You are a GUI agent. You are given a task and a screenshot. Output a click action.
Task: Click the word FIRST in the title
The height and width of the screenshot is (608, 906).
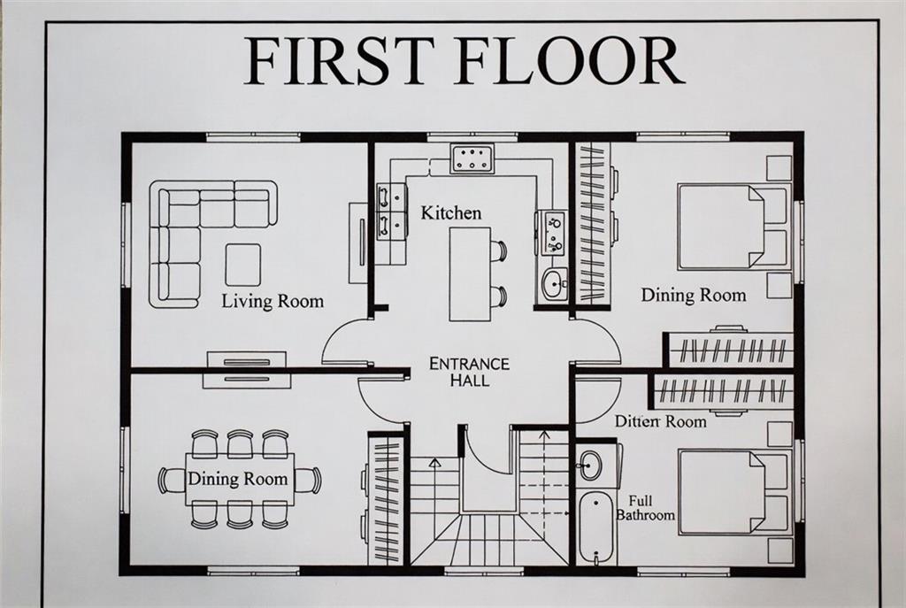tap(338, 60)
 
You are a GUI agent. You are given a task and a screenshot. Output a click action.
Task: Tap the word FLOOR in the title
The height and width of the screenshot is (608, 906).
tap(570, 60)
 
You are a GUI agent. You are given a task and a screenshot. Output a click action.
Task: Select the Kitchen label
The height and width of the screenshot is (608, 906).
tap(450, 212)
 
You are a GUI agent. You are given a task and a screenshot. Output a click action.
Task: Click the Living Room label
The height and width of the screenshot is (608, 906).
tap(273, 301)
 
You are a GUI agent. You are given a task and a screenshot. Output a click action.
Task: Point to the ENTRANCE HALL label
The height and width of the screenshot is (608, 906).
tap(469, 372)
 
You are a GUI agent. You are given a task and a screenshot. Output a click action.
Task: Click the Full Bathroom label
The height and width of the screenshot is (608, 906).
tap(645, 508)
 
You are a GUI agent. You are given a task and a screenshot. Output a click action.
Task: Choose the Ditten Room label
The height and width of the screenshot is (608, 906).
tap(660, 421)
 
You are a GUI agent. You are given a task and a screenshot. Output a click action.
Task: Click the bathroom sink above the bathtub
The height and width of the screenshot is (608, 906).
tap(590, 464)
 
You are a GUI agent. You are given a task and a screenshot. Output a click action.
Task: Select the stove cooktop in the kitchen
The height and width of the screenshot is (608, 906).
tap(472, 159)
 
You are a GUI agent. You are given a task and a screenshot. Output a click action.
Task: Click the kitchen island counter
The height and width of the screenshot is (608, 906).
tap(470, 273)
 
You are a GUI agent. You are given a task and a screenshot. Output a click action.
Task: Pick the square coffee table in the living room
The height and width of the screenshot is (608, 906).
tap(242, 265)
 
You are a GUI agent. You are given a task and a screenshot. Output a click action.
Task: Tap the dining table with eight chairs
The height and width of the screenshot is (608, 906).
tap(239, 479)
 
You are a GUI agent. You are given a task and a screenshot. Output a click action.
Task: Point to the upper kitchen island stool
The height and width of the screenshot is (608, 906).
tap(498, 250)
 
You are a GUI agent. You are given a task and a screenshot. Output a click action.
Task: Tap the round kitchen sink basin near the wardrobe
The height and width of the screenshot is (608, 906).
tap(555, 283)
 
